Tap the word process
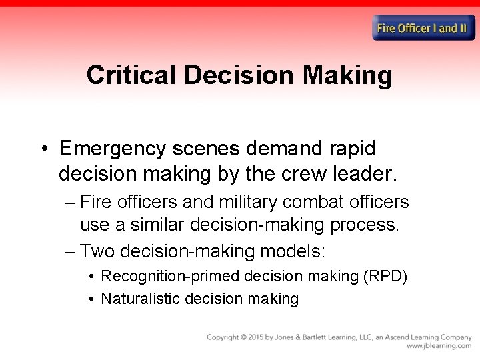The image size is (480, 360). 365,225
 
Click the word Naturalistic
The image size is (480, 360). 140,299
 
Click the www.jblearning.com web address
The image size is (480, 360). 439,347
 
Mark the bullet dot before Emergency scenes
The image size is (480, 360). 43,149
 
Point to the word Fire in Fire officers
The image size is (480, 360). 95,202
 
